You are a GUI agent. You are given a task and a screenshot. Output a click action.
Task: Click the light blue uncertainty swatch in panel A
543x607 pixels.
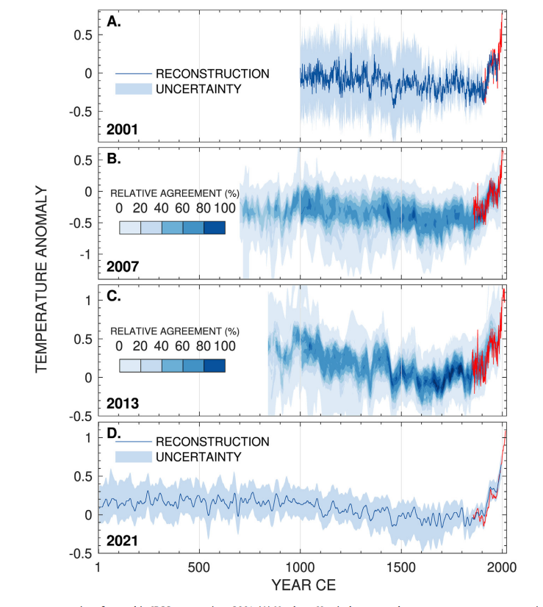133,89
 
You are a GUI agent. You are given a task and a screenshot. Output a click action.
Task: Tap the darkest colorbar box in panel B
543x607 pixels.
214,227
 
